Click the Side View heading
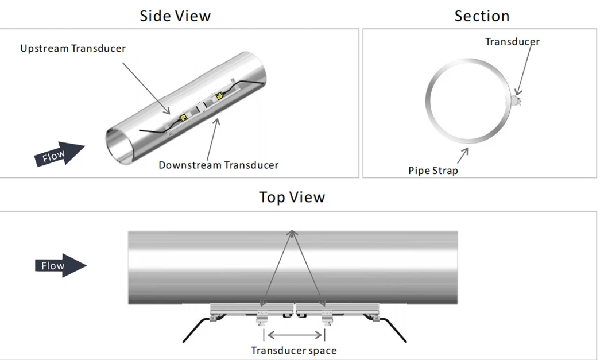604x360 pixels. pos(175,16)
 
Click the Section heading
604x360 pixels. pos(482,16)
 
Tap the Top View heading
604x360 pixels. pos(292,197)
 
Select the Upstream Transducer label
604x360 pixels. pos(73,48)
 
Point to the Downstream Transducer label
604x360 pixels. pos(218,165)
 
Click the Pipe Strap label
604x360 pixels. pos(433,171)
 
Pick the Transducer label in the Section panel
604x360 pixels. pos(512,41)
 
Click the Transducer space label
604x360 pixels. pos(294,350)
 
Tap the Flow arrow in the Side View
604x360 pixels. pos(60,154)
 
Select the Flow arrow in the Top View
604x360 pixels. pos(61,265)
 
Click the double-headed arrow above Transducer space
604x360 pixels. pos(295,335)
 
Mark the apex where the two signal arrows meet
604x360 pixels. pos(292,231)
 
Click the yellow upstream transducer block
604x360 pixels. pos(184,118)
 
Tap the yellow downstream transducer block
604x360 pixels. pos(219,96)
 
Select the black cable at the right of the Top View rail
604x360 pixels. pos(390,328)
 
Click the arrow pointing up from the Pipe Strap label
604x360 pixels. pos(463,156)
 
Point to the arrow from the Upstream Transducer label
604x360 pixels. pos(146,88)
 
